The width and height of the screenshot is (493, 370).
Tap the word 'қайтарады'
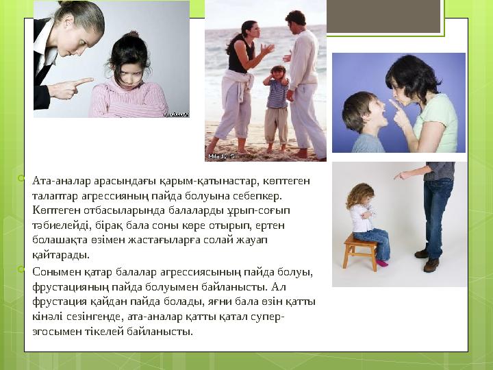(x=60, y=255)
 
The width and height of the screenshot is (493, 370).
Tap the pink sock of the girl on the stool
(x=381, y=262)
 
